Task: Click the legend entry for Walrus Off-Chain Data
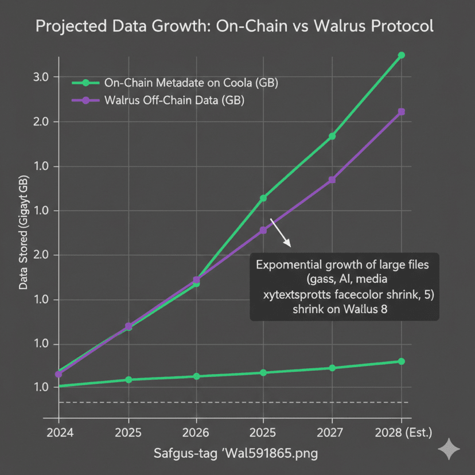(174, 100)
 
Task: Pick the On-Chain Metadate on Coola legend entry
(191, 83)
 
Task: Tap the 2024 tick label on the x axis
(59, 431)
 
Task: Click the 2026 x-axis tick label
(196, 431)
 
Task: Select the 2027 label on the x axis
(332, 431)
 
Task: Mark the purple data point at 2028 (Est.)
(401, 112)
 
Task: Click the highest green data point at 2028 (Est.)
(401, 55)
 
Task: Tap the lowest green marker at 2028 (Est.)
(401, 361)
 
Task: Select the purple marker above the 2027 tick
(332, 180)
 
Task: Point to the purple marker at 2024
(59, 374)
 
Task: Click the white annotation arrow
(281, 232)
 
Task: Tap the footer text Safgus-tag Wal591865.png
(236, 453)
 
